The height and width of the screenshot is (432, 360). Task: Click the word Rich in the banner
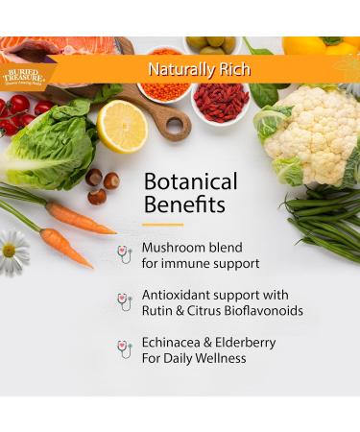pyautogui.click(x=234, y=69)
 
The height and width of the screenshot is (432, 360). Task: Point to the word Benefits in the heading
pyautogui.click(x=180, y=204)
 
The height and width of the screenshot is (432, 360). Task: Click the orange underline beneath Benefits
pyautogui.click(x=162, y=225)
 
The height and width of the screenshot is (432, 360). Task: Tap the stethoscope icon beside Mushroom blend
pyautogui.click(x=125, y=252)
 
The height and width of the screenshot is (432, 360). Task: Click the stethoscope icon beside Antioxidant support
pyautogui.click(x=125, y=300)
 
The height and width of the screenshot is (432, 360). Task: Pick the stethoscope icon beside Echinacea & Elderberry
pyautogui.click(x=125, y=348)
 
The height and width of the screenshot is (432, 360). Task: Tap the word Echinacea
pyautogui.click(x=176, y=343)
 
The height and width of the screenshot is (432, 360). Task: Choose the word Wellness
pyautogui.click(x=219, y=359)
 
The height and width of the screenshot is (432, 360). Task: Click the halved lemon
pyautogui.click(x=123, y=126)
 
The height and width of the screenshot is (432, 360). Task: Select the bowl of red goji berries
pyautogui.click(x=221, y=103)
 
